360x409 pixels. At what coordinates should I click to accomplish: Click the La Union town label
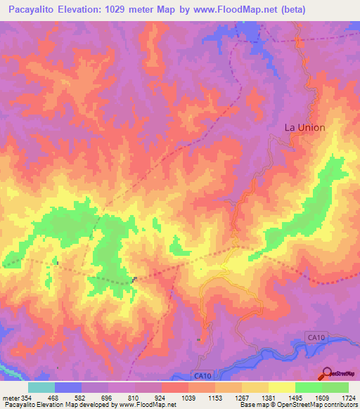tap(304, 127)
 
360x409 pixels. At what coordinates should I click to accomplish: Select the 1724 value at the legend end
tap(347, 398)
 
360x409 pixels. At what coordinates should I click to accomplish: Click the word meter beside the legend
tap(10, 398)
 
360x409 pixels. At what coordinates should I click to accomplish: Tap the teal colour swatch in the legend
tap(41, 387)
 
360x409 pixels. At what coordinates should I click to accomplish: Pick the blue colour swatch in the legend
tap(68, 387)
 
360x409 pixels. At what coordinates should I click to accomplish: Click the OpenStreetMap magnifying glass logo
tap(326, 374)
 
